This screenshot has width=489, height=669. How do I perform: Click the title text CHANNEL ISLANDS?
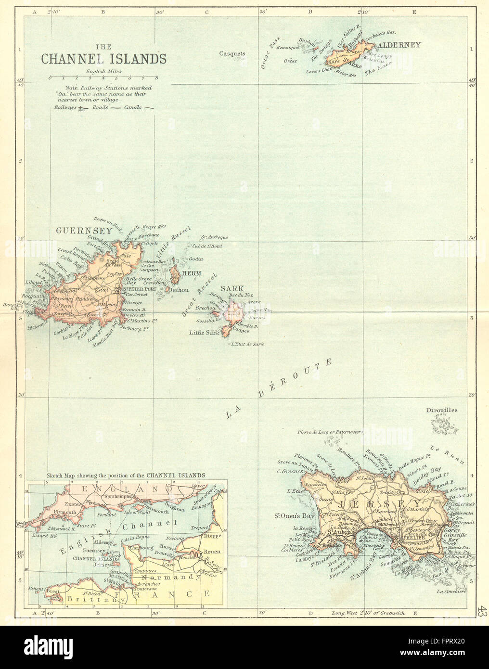pos(103,59)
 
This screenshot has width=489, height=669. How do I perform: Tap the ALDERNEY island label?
pos(399,45)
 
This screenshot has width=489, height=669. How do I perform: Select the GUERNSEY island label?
pos(84,231)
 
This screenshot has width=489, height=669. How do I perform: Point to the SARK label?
pos(232,289)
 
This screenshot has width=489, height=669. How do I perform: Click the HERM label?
pos(192,273)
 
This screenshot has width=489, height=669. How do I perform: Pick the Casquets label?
pos(232,54)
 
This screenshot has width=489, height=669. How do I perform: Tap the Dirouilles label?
pos(442,410)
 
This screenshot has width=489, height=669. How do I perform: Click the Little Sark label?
pos(204,333)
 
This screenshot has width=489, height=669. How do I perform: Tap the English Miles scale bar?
pos(103,77)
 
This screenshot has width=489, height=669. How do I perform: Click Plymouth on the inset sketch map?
pos(64,513)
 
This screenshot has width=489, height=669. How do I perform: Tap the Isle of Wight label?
pos(138,512)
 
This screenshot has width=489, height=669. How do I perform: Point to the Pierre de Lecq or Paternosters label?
pos(330,432)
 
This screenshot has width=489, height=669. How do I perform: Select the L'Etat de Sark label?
pos(247,344)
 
